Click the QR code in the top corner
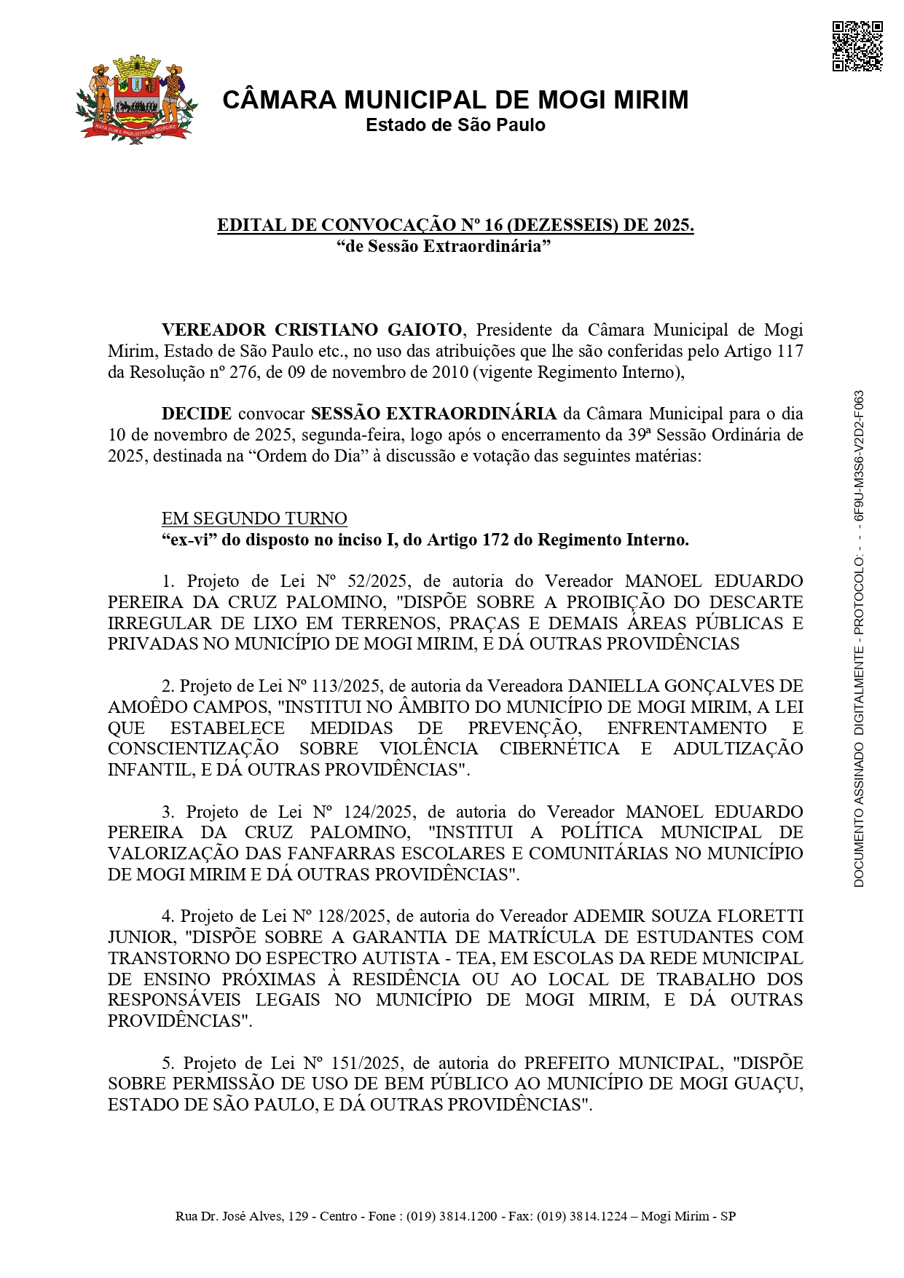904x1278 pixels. (x=857, y=47)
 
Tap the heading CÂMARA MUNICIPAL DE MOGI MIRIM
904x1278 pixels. (x=455, y=100)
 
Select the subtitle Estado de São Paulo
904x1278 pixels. (x=455, y=125)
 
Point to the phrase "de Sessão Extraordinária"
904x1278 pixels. (x=444, y=246)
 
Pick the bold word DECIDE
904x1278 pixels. (x=197, y=414)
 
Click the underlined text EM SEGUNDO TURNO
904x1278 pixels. (x=254, y=518)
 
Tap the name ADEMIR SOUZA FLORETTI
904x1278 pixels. (x=688, y=916)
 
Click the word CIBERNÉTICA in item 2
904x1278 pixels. (x=559, y=749)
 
